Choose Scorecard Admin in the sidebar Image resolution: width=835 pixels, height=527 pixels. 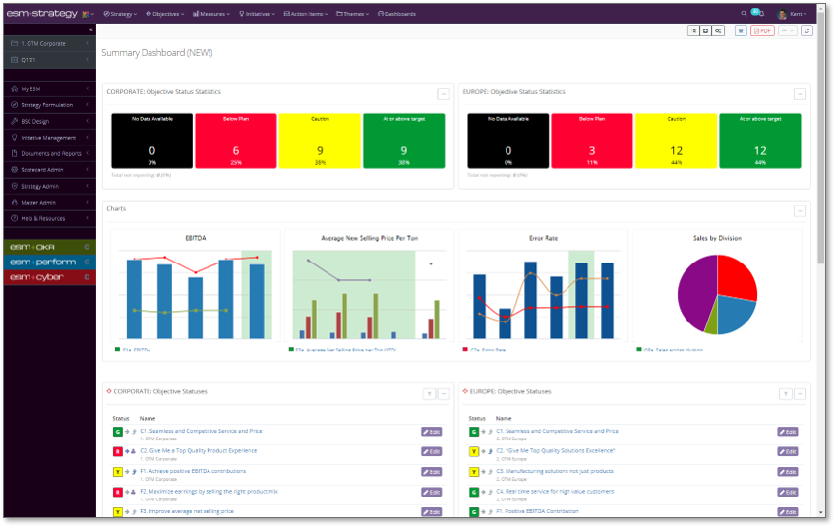point(45,169)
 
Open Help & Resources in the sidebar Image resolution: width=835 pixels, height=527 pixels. point(43,217)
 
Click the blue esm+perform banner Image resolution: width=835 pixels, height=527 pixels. point(48,263)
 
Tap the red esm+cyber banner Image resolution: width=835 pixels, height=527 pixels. point(48,277)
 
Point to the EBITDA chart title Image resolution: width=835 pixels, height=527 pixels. point(195,237)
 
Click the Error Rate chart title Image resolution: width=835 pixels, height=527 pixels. point(543,237)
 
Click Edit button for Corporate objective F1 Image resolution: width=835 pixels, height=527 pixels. point(431,472)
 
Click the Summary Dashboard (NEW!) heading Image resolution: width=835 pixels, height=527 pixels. point(157,52)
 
